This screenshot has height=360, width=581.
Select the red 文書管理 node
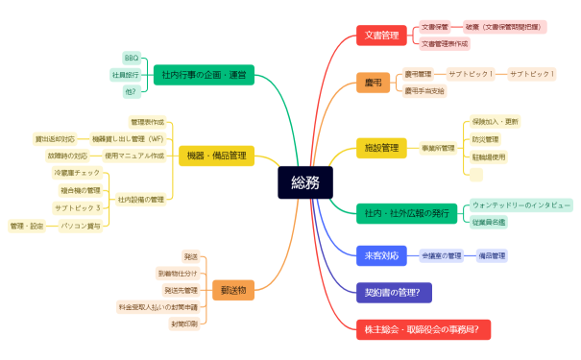tap(381, 36)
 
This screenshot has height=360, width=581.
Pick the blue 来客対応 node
tap(381, 256)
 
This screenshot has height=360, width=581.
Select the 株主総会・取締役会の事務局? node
tap(423, 329)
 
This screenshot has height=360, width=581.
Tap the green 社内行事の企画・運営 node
tap(204, 74)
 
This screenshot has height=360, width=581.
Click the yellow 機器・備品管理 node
tap(216, 156)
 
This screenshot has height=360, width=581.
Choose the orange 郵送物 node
tap(232, 289)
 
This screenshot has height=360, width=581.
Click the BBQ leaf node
tap(132, 58)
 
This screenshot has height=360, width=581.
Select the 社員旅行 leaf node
tap(125, 75)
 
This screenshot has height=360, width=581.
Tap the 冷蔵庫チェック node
tap(76, 173)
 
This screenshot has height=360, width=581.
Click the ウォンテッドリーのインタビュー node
tap(520, 205)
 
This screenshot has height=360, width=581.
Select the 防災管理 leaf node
tap(486, 139)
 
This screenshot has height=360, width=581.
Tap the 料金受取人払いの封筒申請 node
tap(157, 307)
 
